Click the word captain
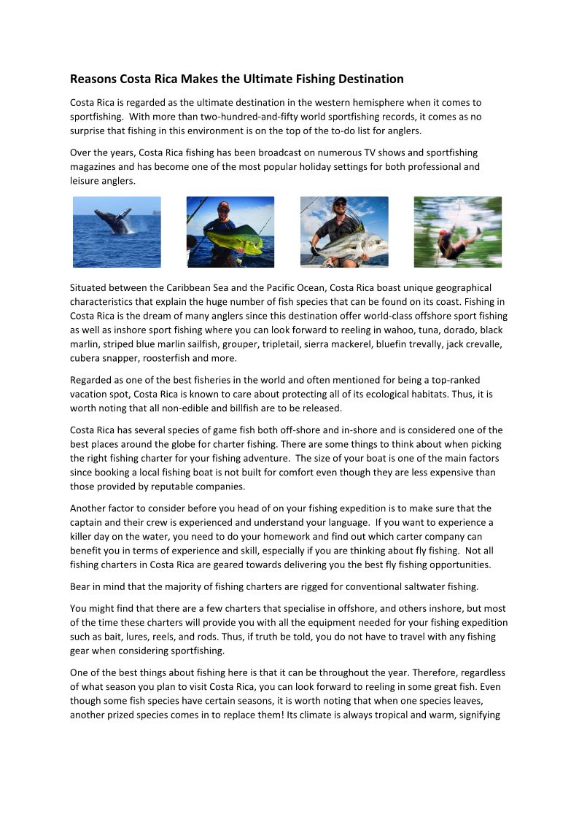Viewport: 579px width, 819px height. (x=88, y=522)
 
